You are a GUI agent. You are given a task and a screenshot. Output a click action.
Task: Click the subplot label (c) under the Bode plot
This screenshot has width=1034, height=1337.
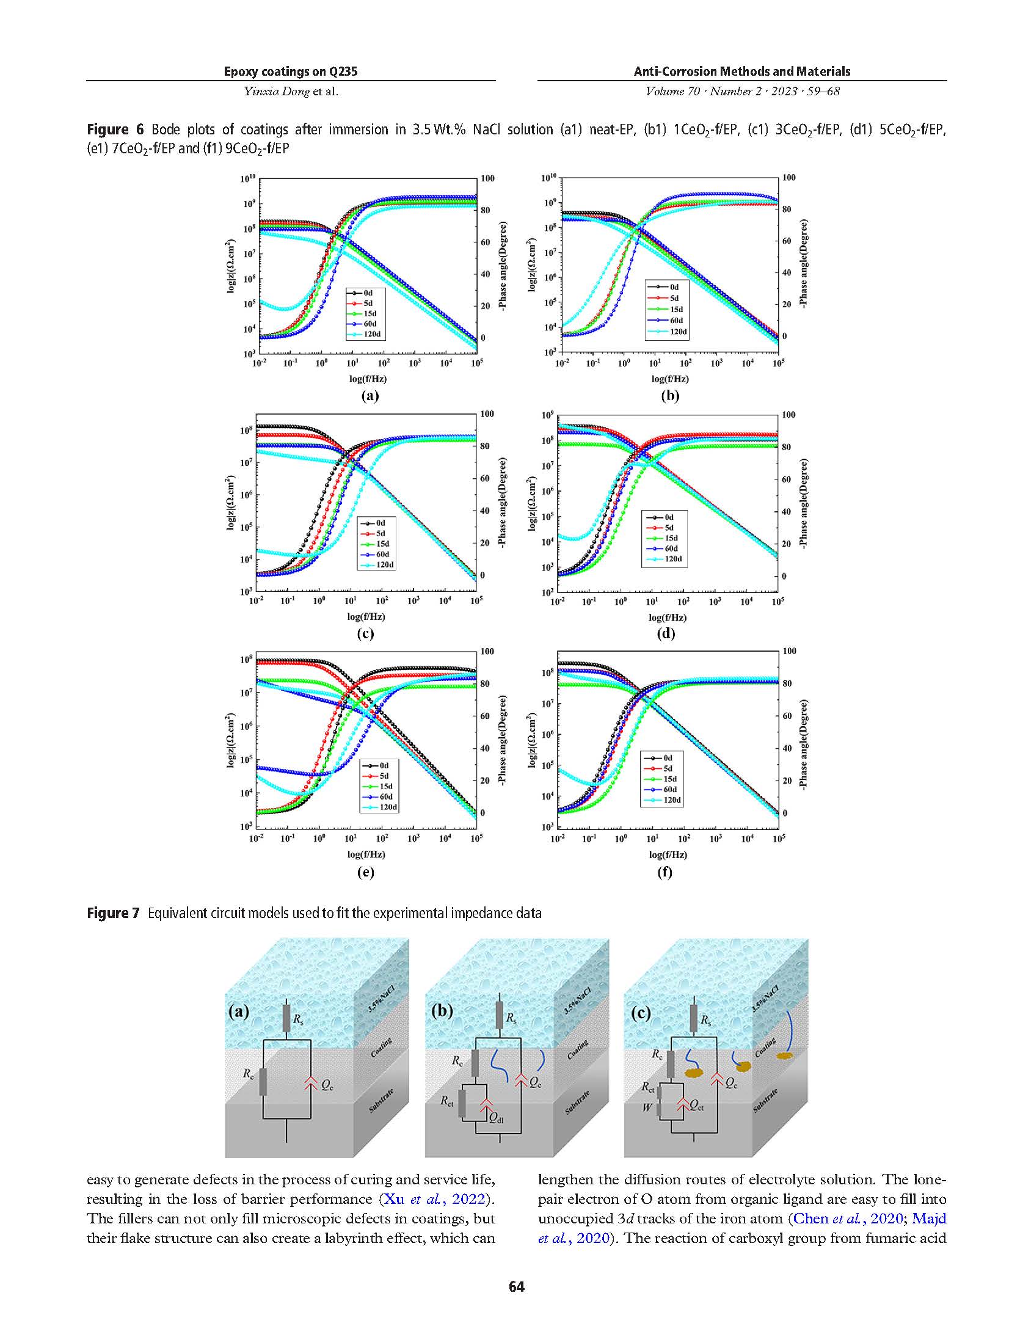click(365, 633)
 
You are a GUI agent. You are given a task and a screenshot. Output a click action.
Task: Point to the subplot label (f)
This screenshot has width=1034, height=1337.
click(665, 872)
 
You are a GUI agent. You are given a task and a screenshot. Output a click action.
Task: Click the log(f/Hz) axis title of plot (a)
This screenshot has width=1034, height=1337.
click(368, 378)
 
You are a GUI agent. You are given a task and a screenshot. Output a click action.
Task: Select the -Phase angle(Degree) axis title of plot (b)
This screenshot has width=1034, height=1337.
click(803, 264)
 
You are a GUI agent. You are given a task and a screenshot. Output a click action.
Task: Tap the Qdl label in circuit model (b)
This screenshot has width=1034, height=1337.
click(497, 1120)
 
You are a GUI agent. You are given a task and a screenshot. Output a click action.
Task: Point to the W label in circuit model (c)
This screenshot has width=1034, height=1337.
click(647, 1107)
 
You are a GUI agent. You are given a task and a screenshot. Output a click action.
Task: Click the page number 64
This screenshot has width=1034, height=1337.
click(517, 1286)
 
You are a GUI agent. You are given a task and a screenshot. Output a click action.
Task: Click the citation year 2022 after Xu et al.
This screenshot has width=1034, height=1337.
click(468, 1198)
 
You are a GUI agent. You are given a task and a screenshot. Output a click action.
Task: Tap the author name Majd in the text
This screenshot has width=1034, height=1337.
click(929, 1219)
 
